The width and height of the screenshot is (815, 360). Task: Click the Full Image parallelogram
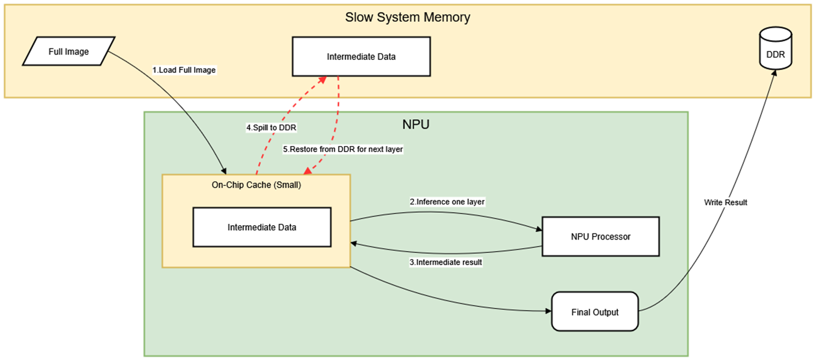69,51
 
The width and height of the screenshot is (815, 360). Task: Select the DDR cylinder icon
775,49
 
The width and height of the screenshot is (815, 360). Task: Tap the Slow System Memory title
407,17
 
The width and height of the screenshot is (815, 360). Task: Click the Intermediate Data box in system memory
361,57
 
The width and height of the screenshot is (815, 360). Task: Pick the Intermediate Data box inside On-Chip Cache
262,227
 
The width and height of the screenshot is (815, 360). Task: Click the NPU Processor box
600,236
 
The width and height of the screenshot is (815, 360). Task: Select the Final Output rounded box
595,312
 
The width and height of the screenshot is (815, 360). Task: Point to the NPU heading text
416,124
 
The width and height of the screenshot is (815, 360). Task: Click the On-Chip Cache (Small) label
256,185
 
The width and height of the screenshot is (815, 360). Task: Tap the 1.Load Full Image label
184,70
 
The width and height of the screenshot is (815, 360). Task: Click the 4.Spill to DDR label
271,128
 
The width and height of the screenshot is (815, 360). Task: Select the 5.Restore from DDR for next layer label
343,149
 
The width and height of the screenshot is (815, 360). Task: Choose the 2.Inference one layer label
447,202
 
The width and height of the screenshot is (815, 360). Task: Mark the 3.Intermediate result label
446,262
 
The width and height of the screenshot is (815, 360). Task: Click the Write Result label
725,202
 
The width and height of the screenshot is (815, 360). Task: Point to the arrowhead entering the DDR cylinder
774,73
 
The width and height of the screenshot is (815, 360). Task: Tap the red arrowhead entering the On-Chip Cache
307,171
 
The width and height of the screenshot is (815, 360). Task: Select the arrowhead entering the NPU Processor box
538,229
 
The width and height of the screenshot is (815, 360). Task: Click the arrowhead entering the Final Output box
548,311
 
